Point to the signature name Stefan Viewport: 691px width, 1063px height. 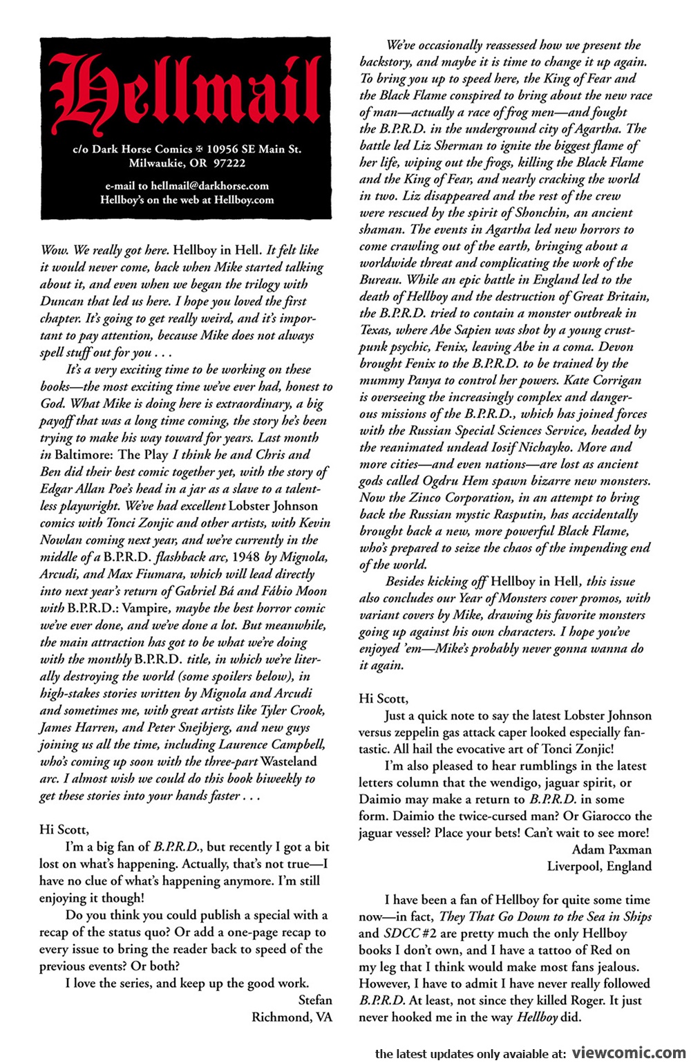point(315,1000)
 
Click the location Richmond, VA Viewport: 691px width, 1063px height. point(292,1017)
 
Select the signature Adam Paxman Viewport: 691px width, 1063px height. point(612,849)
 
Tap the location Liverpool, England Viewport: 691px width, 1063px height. point(599,866)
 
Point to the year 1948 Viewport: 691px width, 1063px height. point(245,557)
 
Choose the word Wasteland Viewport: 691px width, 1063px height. point(288,762)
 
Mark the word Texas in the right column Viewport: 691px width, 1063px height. point(375,330)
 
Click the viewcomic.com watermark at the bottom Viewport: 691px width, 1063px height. point(630,1053)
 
